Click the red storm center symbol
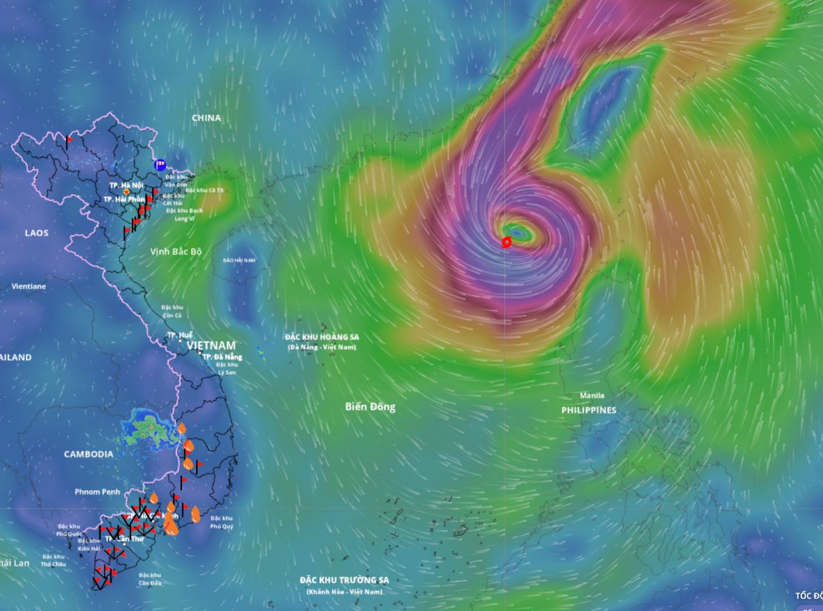point(506,242)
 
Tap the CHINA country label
point(206,118)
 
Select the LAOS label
point(37,233)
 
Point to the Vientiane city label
point(29,286)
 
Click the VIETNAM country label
point(211,345)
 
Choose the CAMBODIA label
point(88,454)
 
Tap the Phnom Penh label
point(97,492)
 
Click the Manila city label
point(592,395)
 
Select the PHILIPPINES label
point(589,410)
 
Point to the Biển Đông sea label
point(370,406)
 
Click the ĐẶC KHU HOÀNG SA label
point(322,337)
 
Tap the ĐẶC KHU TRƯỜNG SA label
point(344,580)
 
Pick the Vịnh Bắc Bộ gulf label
point(176,251)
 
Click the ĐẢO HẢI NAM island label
point(239,260)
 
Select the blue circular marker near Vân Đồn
point(160,165)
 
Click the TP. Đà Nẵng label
point(222,357)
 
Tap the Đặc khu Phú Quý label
point(222,522)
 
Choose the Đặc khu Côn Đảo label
point(150,579)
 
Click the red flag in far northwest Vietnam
point(70,139)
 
